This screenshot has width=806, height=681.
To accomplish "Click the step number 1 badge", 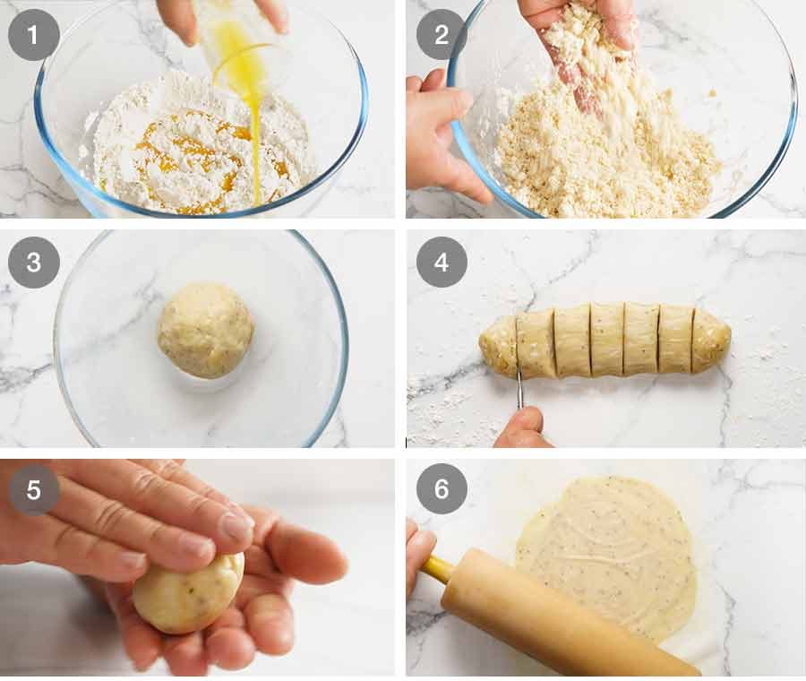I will click(x=34, y=35).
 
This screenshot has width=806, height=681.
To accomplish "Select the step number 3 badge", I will click(x=34, y=262).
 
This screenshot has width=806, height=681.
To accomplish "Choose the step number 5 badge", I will click(x=34, y=489).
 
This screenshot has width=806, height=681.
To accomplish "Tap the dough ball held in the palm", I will click(x=188, y=592).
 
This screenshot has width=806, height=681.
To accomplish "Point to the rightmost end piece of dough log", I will click(x=712, y=340).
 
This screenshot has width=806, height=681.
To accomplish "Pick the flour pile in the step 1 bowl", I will click(x=197, y=152).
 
